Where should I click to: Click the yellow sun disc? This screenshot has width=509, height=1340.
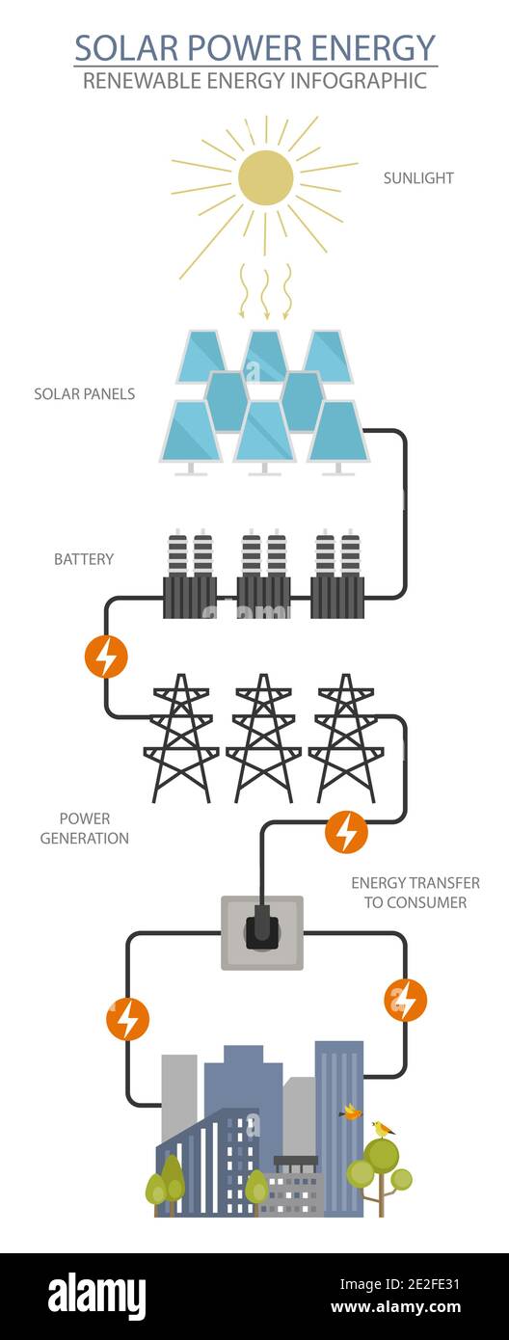click(265, 177)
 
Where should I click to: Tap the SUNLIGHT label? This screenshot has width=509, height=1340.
click(418, 178)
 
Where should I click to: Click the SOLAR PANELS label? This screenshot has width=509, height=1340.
click(85, 394)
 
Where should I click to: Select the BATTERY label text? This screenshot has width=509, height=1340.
click(84, 559)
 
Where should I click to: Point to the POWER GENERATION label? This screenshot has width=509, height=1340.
click(85, 828)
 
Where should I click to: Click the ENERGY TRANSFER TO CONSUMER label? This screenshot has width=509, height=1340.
click(415, 893)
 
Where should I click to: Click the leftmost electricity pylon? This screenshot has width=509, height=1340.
click(181, 737)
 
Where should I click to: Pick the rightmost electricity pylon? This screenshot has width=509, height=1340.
click(345, 737)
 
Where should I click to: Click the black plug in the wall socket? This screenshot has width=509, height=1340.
click(261, 928)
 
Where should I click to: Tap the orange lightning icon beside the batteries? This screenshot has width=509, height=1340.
click(106, 657)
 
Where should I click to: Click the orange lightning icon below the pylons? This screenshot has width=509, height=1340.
click(346, 832)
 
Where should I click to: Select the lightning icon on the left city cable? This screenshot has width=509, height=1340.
click(127, 1019)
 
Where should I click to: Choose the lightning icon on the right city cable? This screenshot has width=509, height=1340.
click(405, 1000)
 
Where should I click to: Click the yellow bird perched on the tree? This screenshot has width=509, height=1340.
click(384, 1128)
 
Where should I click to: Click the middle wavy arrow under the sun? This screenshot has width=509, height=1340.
click(265, 290)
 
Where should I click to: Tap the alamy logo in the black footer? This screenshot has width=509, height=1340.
click(97, 1296)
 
